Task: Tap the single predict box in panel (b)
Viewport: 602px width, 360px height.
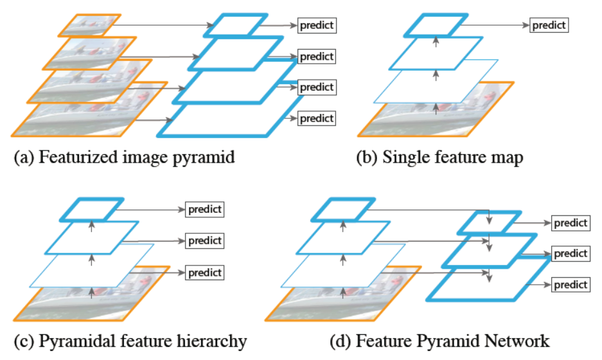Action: [549, 25]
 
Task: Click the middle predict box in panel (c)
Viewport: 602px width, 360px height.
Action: [204, 241]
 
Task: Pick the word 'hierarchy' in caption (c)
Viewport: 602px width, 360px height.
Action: [215, 340]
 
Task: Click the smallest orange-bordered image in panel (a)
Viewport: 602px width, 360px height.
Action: [89, 25]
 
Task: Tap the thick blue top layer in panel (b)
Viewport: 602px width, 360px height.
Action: [435, 25]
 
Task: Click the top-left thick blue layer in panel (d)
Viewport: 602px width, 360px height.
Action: [344, 210]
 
